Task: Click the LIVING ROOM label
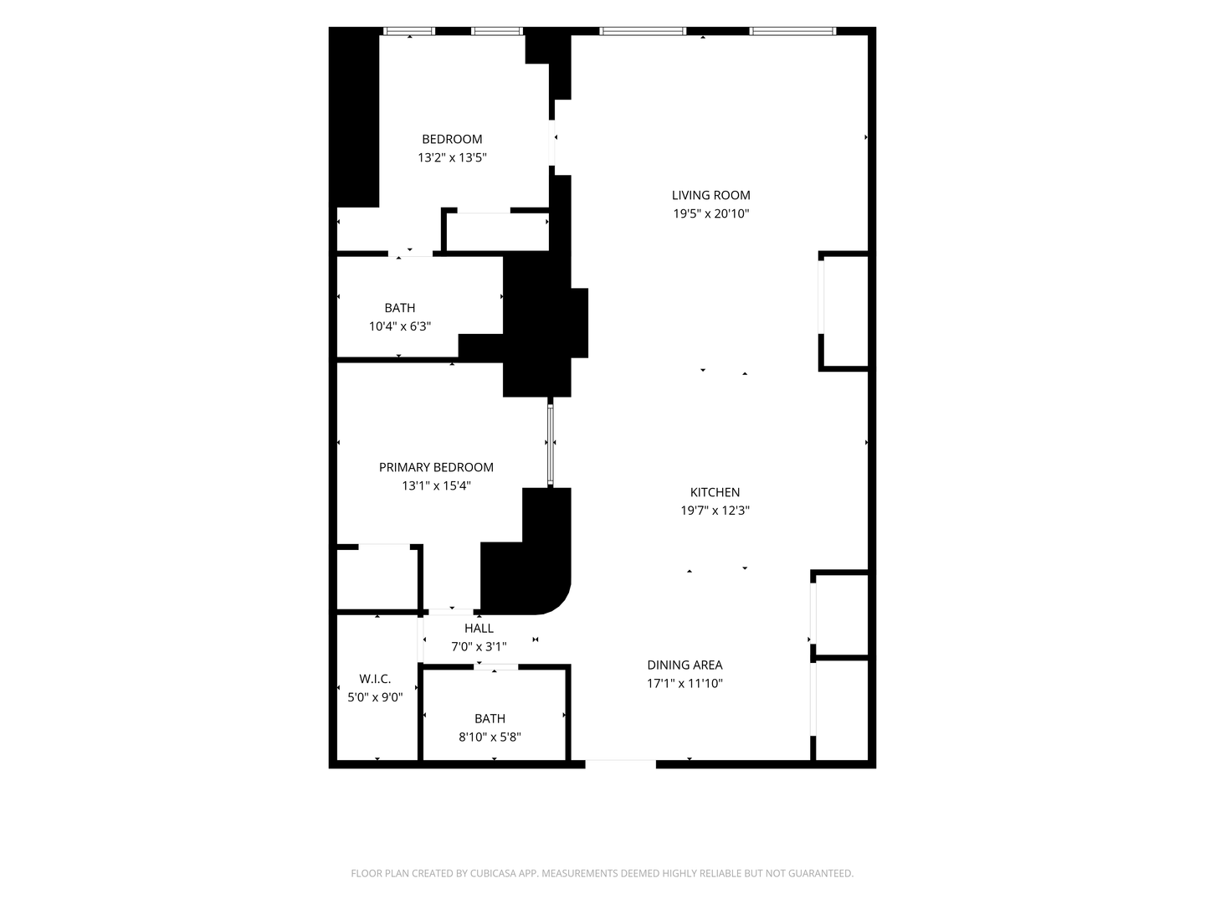tap(710, 195)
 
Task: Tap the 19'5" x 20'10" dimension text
tap(711, 213)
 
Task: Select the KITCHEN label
tap(715, 492)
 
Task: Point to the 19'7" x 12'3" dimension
tap(715, 511)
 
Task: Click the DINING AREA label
tap(685, 665)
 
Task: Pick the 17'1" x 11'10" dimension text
tap(685, 683)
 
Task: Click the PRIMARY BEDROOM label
tap(436, 467)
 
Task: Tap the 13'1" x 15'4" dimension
tap(436, 485)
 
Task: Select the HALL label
tap(479, 628)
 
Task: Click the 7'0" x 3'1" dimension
tap(479, 646)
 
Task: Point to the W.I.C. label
tap(375, 679)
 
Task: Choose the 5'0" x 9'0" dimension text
tap(375, 697)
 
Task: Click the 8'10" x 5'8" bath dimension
tap(490, 737)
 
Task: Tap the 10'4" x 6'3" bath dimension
tap(400, 326)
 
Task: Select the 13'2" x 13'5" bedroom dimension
tap(452, 157)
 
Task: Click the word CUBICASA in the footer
tap(494, 873)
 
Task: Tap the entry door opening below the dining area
tap(620, 763)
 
